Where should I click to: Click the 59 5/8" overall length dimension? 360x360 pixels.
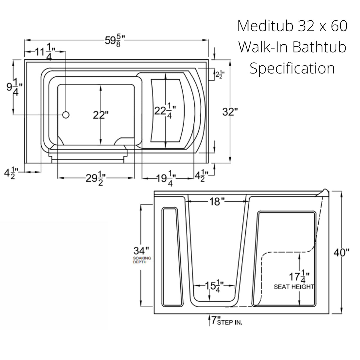point(115,40)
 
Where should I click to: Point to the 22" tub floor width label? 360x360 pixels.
point(100,115)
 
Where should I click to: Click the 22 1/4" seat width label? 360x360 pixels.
point(165,111)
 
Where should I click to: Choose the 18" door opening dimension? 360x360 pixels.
point(217,202)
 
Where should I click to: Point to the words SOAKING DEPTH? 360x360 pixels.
point(142,260)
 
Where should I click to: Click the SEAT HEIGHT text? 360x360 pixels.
point(294,287)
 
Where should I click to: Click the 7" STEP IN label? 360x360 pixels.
point(226,321)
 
